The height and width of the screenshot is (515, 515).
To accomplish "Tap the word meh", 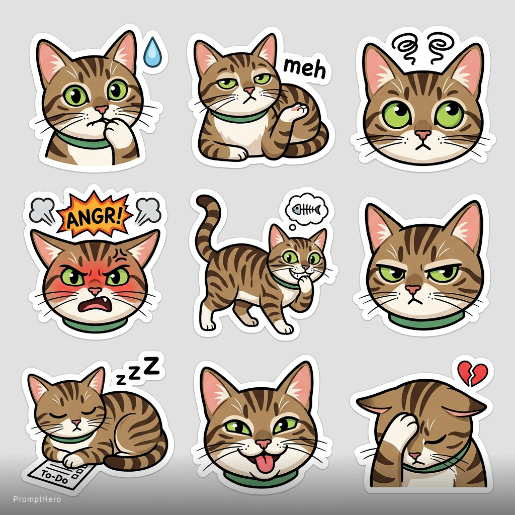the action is click(x=304, y=68).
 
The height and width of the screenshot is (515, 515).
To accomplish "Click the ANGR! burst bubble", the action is click(x=95, y=214).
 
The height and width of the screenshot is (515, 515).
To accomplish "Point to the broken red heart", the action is click(x=473, y=374).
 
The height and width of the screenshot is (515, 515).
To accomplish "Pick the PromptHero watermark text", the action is click(x=37, y=499).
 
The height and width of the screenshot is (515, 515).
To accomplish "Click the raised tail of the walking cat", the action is click(x=206, y=223).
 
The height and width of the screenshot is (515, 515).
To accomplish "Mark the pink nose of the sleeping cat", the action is click(x=76, y=422).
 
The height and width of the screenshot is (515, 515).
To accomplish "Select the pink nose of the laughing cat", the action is click(x=264, y=444).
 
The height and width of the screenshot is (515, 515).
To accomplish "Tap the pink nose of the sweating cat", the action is click(x=102, y=109).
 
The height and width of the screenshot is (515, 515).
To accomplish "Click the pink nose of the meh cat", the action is click(x=249, y=90).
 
